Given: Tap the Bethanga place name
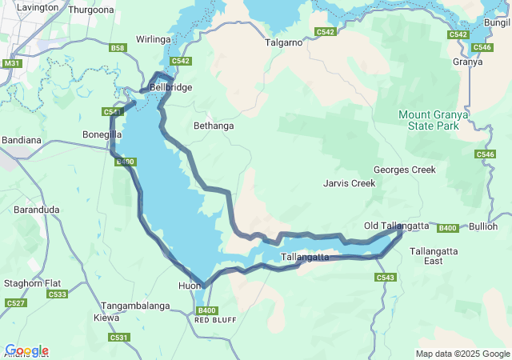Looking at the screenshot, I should coord(214,126).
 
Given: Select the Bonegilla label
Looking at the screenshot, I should coord(102,134).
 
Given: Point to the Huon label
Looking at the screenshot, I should coord(190,285).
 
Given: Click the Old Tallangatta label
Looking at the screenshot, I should coord(396,226).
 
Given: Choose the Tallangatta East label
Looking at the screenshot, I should coord(432,256).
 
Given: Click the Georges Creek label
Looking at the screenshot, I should coord(404,170).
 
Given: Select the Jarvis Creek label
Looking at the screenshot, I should coord(350,183).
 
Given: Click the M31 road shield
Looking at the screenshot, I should coord(12,63).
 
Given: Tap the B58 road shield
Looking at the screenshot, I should coord(118,48).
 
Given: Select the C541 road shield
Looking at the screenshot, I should coord(112,111).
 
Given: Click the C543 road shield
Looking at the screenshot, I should coord(385,278).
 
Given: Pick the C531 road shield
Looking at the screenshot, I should coord(119,338).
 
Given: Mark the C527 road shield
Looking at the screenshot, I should coord(15,302).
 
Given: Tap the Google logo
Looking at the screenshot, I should coord(26,350).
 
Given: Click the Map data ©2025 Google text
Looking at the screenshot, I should coord(462,354).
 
